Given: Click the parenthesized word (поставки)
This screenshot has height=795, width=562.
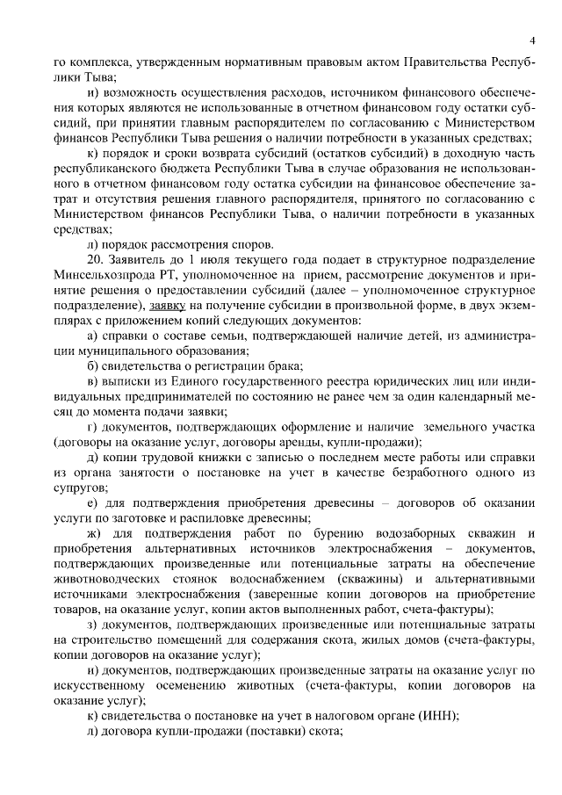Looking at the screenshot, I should (250, 732).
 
